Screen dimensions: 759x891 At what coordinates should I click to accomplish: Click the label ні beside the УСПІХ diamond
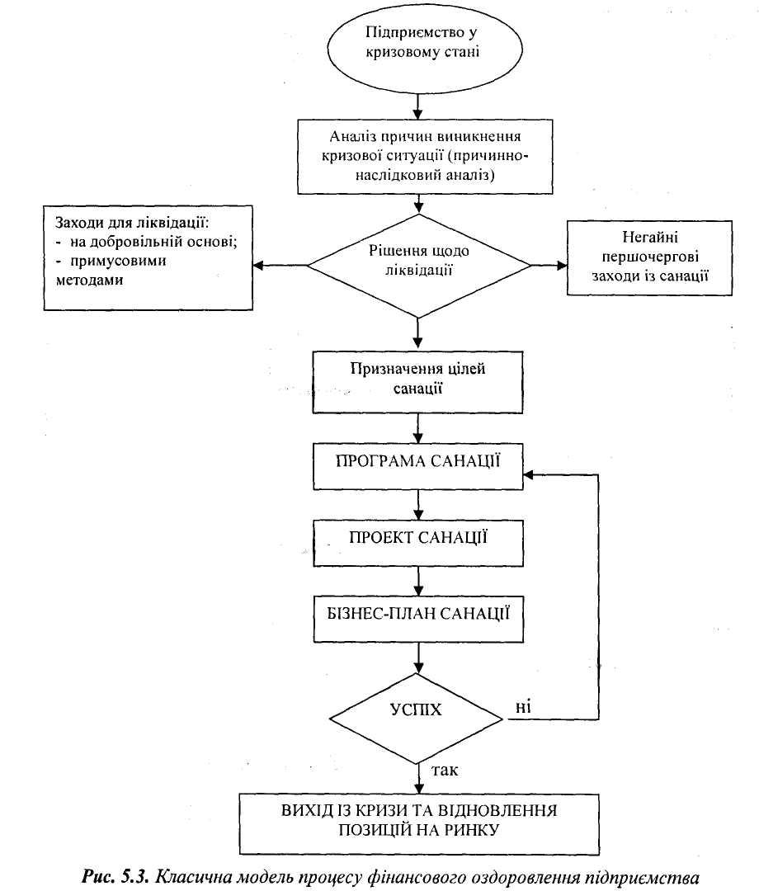[523, 707]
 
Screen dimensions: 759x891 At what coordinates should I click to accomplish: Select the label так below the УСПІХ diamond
[445, 770]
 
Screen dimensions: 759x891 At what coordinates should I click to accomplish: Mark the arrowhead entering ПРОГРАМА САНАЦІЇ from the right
[528, 474]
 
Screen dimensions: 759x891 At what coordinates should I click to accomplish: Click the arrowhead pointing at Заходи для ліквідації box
[258, 266]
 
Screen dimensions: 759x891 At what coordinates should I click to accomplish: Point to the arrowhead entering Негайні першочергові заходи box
[561, 266]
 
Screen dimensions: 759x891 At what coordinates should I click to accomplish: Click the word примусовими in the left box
[118, 262]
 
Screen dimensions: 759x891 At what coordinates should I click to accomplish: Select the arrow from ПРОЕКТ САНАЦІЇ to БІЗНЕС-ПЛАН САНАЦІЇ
[418, 582]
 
